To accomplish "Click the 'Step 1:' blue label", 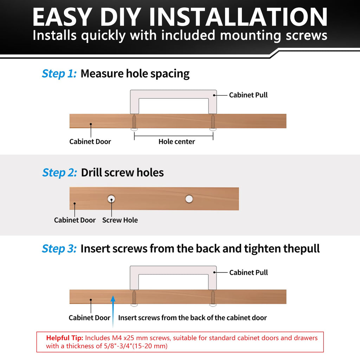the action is [59, 74].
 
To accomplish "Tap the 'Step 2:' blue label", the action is [60, 173].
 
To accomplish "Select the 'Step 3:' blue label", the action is [59, 249].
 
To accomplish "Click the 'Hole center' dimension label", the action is [176, 141].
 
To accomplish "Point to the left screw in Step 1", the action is [134, 123].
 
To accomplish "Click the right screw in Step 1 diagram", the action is [213, 123].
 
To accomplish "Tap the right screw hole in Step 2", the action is [189, 199].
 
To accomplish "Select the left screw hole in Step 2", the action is [111, 199].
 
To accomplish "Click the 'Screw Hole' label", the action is [120, 220].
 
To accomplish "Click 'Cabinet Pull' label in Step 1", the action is [248, 95].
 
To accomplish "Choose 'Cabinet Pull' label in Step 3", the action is [249, 272].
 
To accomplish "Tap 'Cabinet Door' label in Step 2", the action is [75, 220].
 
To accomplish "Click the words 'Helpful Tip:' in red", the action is [65, 338].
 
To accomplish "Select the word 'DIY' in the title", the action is [121, 17].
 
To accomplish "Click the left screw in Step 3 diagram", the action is [134, 298].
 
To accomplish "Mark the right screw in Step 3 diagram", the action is [213, 298].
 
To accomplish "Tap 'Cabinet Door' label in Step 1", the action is [90, 141].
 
